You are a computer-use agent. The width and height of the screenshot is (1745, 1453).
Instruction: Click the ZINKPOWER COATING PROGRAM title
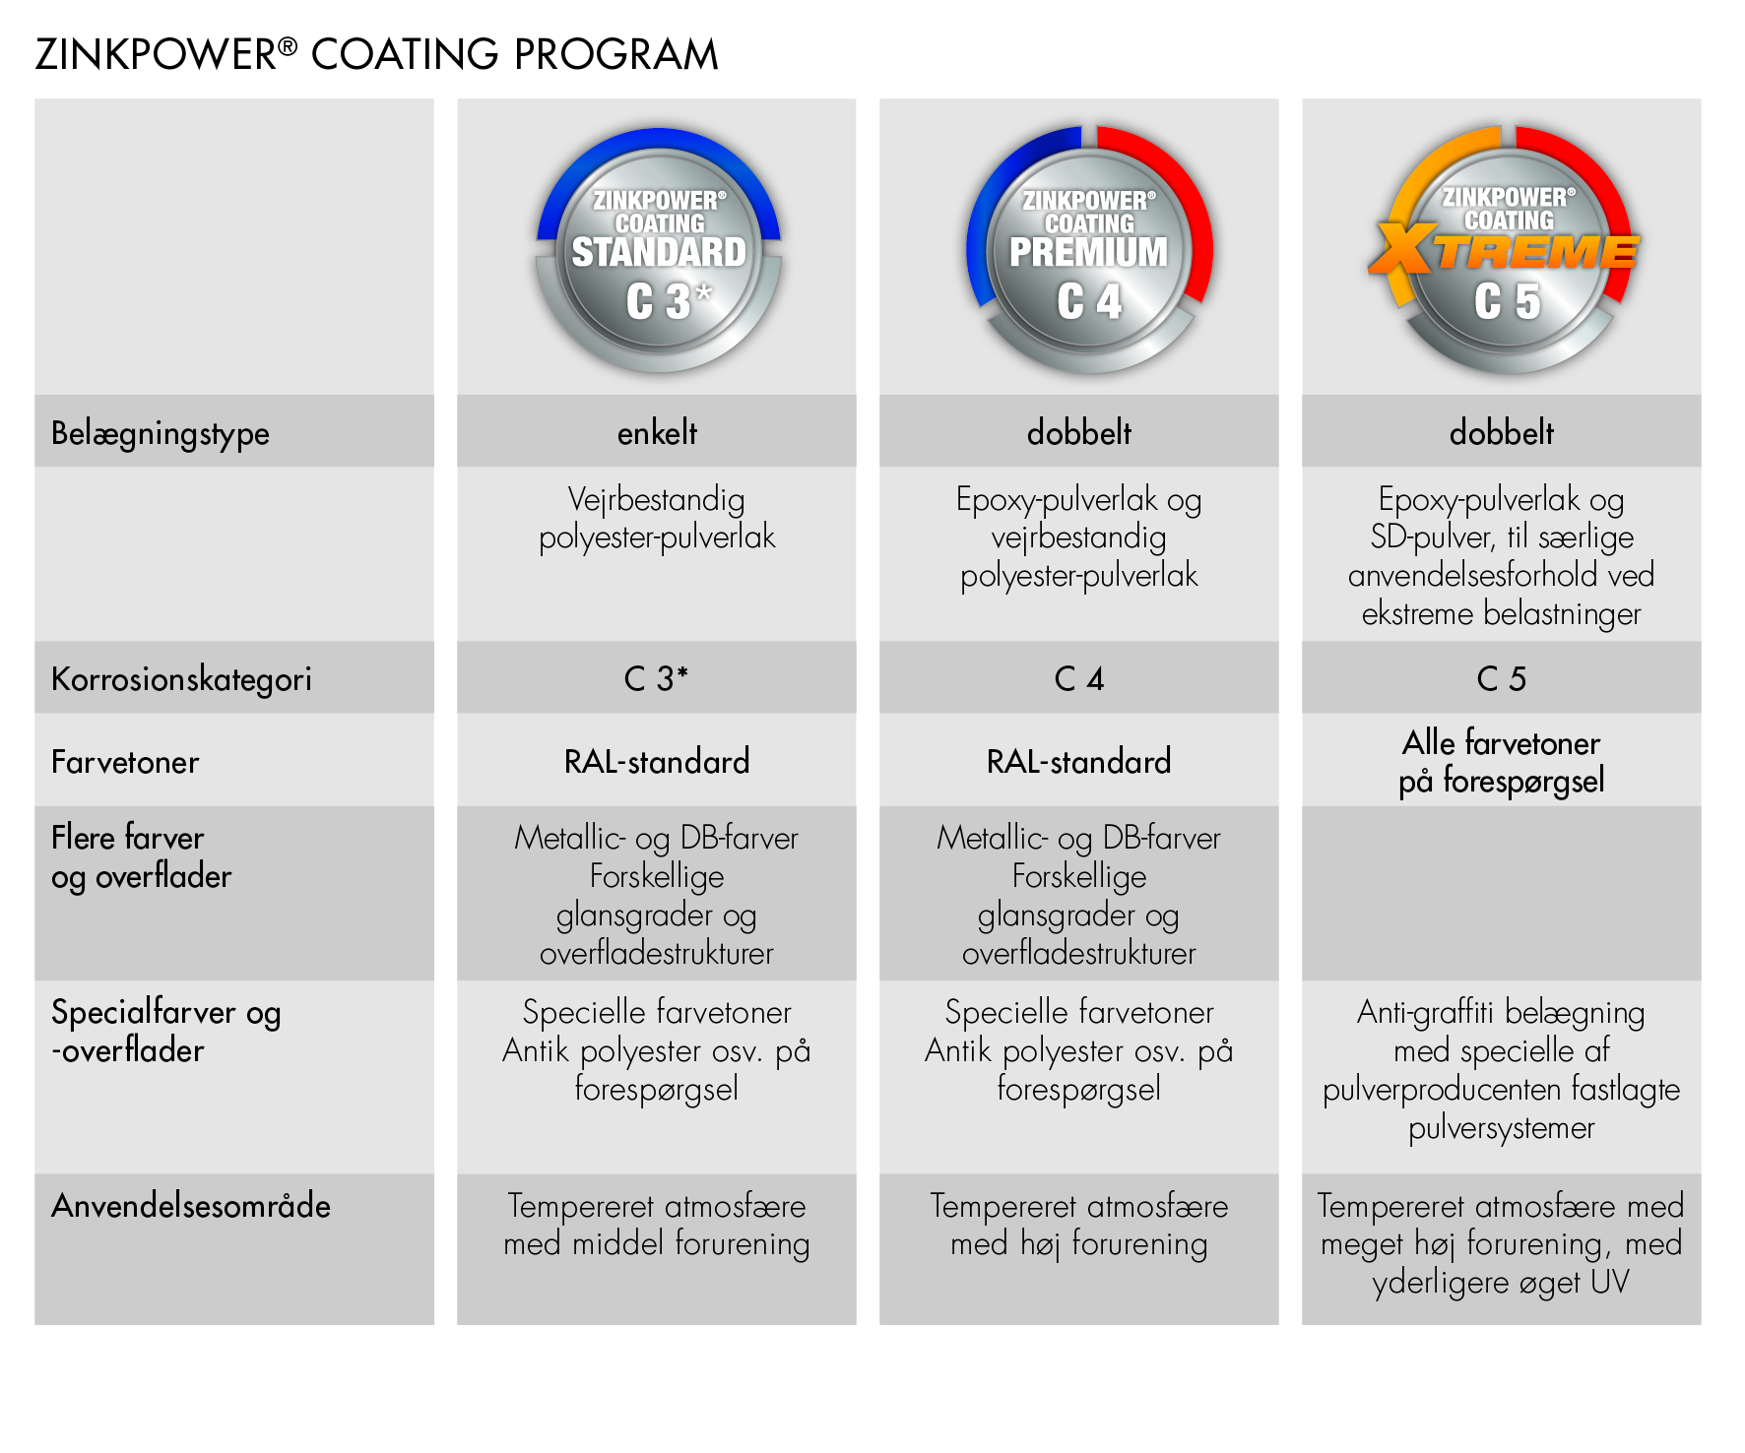tap(376, 54)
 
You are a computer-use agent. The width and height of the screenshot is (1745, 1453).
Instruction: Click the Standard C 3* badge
tap(658, 251)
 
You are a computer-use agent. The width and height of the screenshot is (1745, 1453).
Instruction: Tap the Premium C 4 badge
tap(1089, 250)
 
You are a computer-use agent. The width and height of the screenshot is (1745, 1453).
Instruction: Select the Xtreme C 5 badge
tap(1504, 250)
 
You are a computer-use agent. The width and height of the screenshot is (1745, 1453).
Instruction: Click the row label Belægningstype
tap(161, 433)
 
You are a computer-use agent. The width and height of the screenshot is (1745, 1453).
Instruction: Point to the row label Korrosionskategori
tap(181, 679)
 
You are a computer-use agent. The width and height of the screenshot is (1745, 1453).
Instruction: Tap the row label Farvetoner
tap(125, 762)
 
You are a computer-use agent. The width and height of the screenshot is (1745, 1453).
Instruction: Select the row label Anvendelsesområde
tap(191, 1206)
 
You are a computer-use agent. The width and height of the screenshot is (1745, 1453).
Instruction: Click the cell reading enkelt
tap(657, 432)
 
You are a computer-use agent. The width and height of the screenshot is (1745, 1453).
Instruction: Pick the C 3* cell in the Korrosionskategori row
tap(656, 678)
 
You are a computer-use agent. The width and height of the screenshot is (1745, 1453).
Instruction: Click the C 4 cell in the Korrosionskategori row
tap(1079, 678)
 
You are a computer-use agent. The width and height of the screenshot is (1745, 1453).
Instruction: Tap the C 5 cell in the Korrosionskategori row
tap(1502, 678)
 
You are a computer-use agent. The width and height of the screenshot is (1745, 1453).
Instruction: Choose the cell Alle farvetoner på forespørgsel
tap(1502, 761)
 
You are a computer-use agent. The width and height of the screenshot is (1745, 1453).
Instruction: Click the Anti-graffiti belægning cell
tap(1502, 1069)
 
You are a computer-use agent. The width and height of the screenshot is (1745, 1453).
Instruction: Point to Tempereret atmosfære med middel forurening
tap(657, 1225)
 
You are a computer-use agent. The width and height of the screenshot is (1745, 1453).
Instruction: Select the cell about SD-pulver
tap(1502, 556)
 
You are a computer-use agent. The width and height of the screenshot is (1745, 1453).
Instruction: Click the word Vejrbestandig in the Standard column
tap(657, 500)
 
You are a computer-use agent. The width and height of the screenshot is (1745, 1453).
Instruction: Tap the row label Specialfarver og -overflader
tap(166, 1031)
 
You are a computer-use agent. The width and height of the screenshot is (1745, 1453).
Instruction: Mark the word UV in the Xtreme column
tap(1609, 1282)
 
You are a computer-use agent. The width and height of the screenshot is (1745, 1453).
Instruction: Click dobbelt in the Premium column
tap(1079, 432)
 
